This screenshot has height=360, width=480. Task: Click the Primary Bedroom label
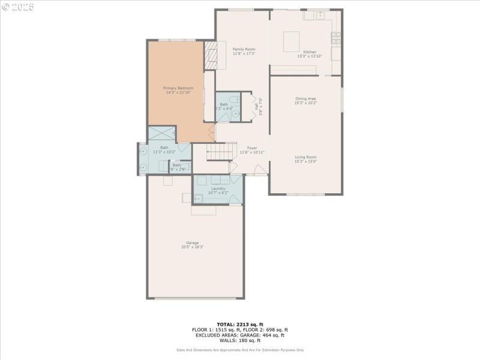tap(178, 88)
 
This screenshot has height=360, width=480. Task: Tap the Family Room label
tap(244, 49)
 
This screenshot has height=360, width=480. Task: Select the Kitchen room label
tap(310, 52)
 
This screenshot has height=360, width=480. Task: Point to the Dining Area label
tap(305, 98)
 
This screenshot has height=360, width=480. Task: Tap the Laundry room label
tap(218, 188)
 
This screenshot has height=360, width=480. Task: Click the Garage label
tap(192, 242)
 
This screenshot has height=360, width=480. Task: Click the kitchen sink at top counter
tap(320, 14)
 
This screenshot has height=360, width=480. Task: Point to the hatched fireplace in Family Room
tap(210, 56)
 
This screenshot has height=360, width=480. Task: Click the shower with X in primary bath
tap(161, 133)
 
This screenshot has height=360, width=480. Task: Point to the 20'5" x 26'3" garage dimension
tap(192, 247)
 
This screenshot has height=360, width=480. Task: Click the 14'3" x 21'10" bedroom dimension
tap(178, 92)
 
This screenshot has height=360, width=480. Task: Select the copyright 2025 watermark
tap(18, 7)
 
